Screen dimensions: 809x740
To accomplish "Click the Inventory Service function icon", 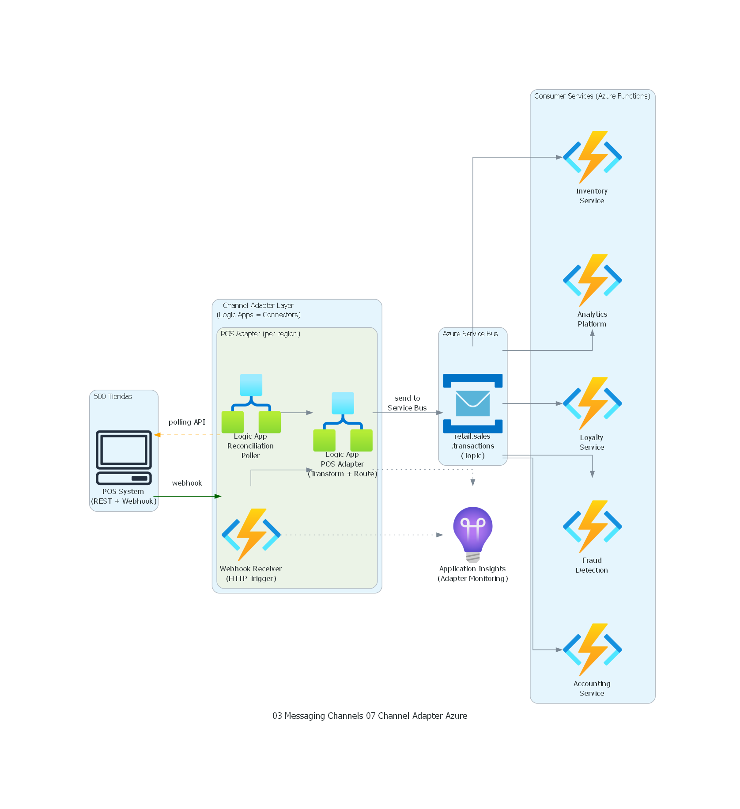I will [592, 157].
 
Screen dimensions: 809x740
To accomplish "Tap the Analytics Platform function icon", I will [592, 280].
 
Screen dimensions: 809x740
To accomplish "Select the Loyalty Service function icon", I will [592, 403].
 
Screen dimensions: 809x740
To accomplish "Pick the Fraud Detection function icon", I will [592, 526].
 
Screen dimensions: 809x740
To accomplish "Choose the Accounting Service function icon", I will [592, 649].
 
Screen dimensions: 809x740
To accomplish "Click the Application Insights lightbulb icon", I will [472, 534].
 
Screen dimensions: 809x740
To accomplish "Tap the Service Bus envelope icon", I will [472, 403].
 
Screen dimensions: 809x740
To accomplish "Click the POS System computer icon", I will [124, 457].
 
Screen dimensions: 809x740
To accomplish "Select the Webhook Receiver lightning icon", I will [251, 534].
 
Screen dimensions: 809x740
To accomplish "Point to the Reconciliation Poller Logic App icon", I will [251, 403].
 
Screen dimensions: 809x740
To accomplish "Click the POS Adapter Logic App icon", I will [343, 422].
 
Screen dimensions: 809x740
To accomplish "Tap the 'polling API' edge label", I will [187, 422].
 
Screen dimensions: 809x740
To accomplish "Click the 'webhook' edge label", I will [187, 483].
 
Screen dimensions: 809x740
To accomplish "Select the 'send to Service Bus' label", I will [407, 403].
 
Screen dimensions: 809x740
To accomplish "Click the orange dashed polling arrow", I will [188, 435].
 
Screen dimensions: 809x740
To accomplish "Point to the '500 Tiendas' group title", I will [113, 396].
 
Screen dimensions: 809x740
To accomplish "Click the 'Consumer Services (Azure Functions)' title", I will [592, 96].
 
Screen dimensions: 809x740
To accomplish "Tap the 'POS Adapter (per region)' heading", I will [260, 334].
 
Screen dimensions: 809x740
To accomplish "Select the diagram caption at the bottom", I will [370, 715].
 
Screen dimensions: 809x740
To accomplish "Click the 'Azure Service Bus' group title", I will [470, 334].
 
